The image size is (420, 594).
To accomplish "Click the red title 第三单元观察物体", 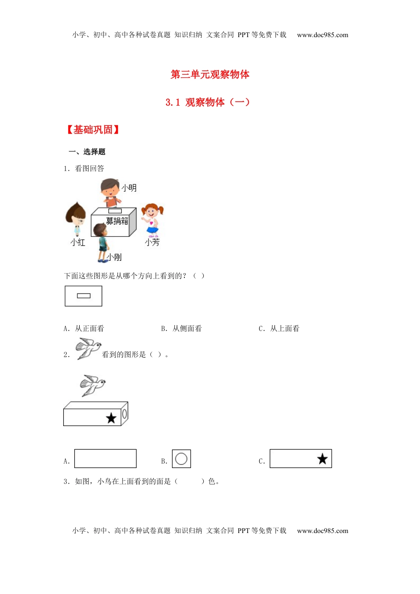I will tap(210, 74).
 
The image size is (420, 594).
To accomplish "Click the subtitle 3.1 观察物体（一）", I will tap(208, 102).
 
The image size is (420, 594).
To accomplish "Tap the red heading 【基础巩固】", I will tap(93, 129).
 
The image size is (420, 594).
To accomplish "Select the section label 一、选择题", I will tap(87, 152).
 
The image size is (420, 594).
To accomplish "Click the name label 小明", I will tap(129, 188).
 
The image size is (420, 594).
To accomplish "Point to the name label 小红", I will tap(78, 242).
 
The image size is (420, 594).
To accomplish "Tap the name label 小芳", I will tap(152, 242).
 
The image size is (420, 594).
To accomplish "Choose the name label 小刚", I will tap(114, 257).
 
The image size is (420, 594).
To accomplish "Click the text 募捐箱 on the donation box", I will tap(117, 221).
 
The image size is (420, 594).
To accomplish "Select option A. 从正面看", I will tap(84, 328).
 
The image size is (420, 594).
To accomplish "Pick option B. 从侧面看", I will tap(181, 328).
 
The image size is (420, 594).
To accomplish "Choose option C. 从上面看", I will tap(279, 328).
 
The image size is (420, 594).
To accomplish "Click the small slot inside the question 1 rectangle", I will tap(84, 296).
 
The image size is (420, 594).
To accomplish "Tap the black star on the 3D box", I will tap(111, 418).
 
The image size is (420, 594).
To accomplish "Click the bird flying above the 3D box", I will tap(92, 385).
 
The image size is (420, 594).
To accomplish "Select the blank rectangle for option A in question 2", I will tap(105, 458).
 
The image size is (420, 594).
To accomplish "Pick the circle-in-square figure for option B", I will tap(181, 459).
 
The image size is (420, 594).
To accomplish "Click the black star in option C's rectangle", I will tap(322, 459).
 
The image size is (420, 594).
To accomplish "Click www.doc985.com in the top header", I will tap(322, 35).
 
